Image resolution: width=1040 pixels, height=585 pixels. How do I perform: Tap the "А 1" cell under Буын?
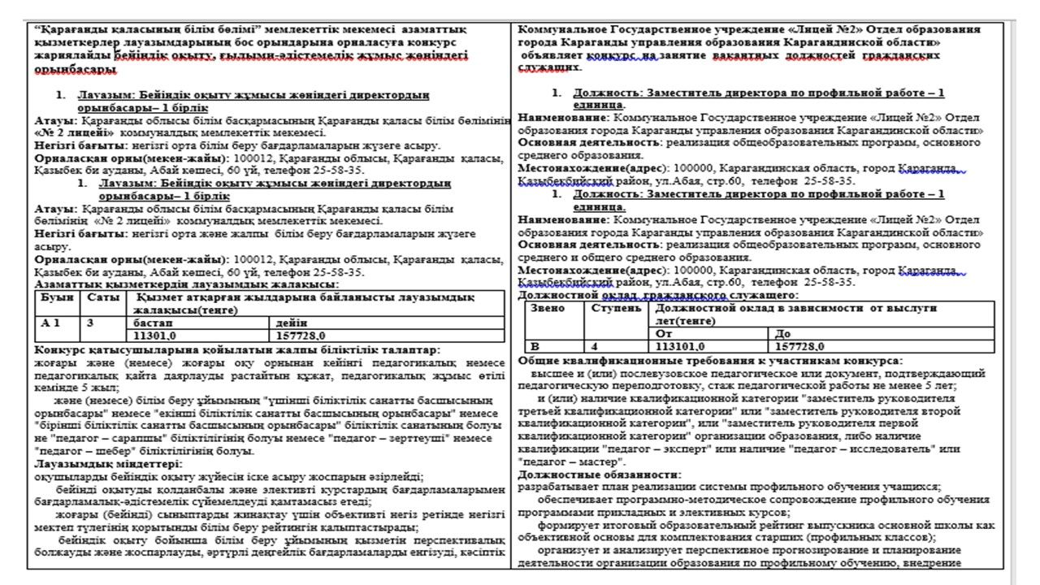point(52,323)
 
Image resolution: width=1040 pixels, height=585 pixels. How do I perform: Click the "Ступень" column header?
point(616,309)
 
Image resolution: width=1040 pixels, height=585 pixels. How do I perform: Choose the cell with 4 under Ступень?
point(595,346)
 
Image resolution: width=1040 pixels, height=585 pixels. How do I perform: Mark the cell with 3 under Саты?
point(90,323)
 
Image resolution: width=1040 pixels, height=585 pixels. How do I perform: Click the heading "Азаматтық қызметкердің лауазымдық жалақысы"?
point(187,284)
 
